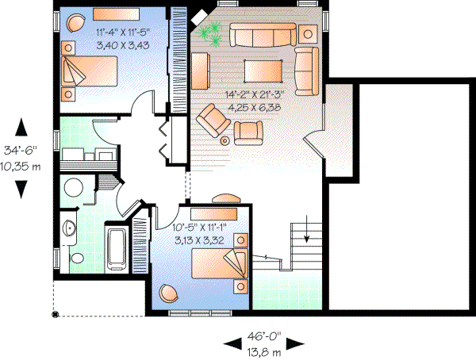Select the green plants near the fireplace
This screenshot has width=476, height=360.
tap(210, 33)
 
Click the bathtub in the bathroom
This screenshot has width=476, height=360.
tap(117, 250)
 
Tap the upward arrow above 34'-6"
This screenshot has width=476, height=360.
tap(22, 127)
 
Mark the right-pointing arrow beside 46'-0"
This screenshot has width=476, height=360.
tap(295, 343)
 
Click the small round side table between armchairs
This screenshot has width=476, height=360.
tap(225, 140)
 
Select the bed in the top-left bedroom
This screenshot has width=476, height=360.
tap(87, 76)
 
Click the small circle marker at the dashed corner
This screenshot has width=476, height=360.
tap(55, 315)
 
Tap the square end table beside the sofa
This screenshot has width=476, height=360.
tap(308, 33)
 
